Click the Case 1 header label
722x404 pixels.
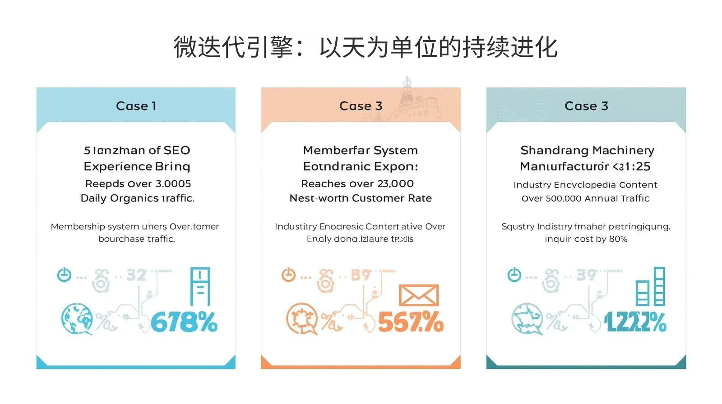136,106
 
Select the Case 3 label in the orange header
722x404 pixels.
361,106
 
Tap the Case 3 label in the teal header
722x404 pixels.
586,106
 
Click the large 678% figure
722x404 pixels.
184,322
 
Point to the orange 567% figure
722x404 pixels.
411,322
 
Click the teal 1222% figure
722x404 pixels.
635,322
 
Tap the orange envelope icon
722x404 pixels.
419,296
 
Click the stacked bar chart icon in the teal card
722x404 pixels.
650,287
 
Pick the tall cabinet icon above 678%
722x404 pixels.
200,287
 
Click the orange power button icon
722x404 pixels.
288,275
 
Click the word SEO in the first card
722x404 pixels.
177,150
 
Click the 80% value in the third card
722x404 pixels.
618,239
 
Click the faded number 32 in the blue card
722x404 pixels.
136,275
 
